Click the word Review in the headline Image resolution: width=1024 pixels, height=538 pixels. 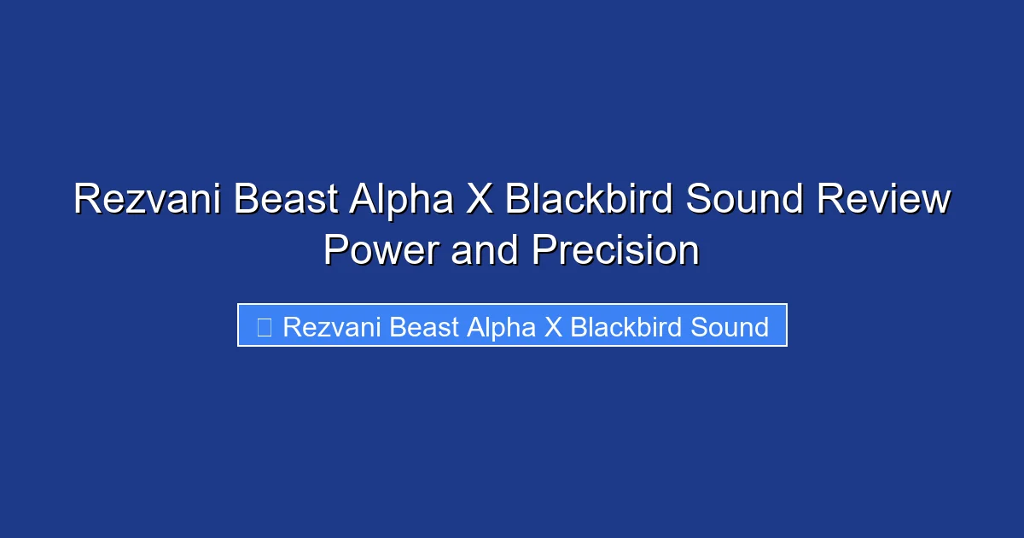tap(883, 201)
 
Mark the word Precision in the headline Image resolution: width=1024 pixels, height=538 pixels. tap(615, 251)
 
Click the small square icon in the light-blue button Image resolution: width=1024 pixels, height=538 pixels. tap(265, 326)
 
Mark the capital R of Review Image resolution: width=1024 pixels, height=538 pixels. tap(829, 201)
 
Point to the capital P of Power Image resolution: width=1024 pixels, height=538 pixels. tap(335, 251)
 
